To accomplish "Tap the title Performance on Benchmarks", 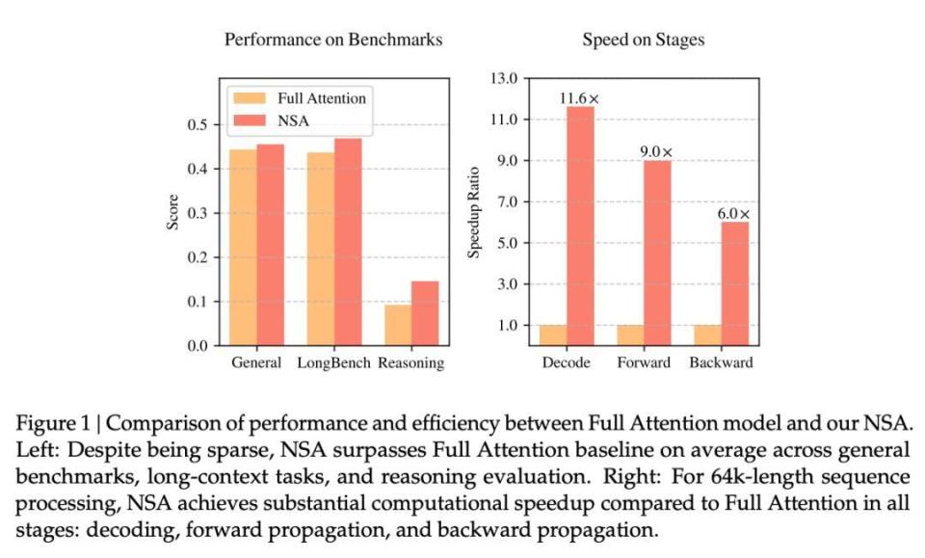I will pos(333,40).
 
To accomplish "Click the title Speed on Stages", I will pos(643,40).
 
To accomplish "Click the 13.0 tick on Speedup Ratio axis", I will pos(505,78).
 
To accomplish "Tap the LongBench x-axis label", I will pos(332,363).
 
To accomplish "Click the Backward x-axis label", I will pos(721,363).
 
